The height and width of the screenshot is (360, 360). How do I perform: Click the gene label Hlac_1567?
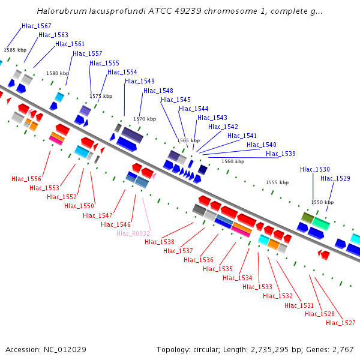tap(37, 26)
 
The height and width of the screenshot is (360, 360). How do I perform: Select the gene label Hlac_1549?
tap(140, 81)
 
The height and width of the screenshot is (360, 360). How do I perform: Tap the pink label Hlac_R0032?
tap(133, 233)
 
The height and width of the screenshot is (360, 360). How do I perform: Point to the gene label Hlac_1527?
tap(341, 323)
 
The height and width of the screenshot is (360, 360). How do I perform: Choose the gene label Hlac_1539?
tap(281, 154)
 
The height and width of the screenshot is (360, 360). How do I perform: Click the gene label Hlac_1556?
tap(26, 179)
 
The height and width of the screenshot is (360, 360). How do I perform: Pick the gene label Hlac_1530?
tap(315, 169)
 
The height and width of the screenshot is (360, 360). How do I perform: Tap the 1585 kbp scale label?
tap(15, 50)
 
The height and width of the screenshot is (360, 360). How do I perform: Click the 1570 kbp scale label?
tap(145, 119)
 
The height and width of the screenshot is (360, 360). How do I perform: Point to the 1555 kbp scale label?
tap(277, 182)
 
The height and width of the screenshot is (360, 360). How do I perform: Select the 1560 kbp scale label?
tap(233, 161)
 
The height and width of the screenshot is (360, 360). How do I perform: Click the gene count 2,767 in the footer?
tap(341, 349)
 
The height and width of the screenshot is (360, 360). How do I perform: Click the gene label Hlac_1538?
tap(160, 242)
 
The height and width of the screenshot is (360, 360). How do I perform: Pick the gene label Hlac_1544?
tap(194, 109)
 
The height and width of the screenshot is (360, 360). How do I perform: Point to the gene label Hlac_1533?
tap(257, 287)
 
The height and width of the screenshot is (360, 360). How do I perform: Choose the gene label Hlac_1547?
tap(98, 215)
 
